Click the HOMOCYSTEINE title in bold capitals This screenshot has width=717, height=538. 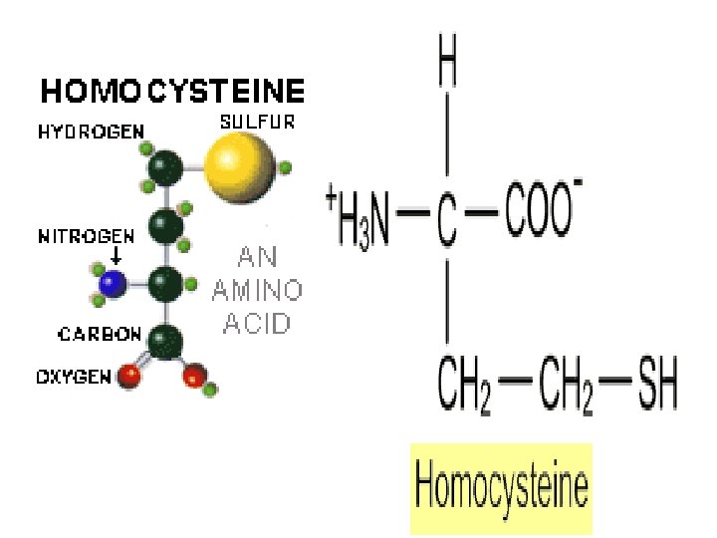(x=172, y=93)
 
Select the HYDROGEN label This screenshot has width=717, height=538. (x=92, y=131)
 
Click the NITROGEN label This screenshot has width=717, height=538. (x=86, y=236)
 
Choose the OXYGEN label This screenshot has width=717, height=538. (x=75, y=378)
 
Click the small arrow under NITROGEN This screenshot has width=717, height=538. (x=116, y=256)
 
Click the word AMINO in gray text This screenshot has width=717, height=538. (x=258, y=290)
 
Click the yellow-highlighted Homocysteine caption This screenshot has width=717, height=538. (x=501, y=489)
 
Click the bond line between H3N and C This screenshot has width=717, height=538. (x=413, y=214)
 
